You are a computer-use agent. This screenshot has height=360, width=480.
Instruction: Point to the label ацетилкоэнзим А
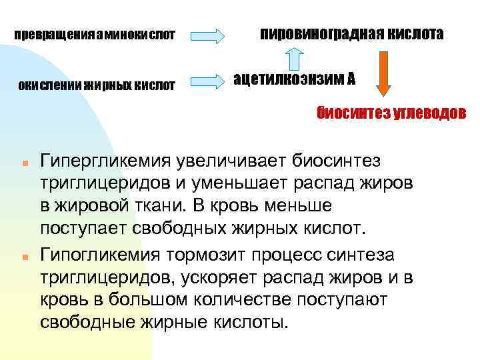point(294,79)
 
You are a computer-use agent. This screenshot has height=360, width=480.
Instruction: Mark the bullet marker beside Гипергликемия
point(23,163)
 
